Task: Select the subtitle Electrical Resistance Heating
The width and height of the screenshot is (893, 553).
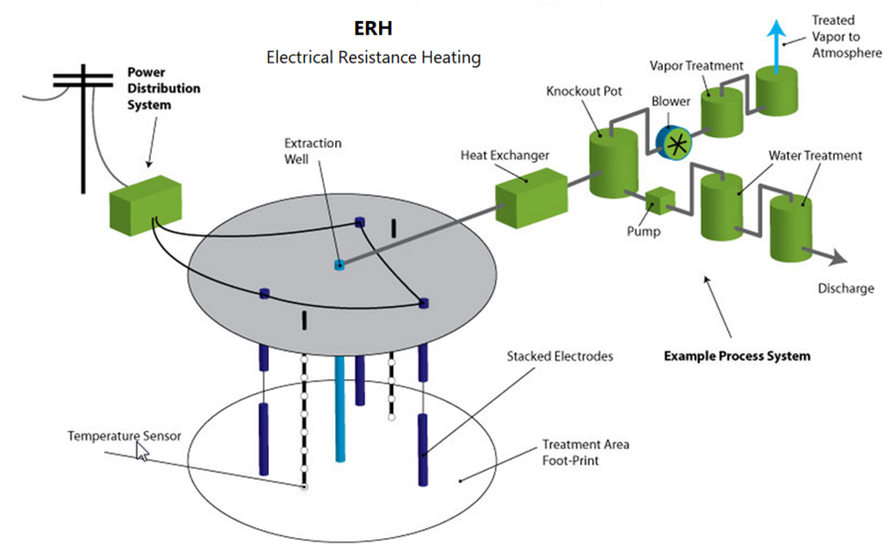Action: [x=373, y=58]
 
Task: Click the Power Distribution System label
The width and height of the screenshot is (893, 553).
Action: [x=164, y=88]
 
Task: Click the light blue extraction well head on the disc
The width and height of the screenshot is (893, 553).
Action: [x=338, y=265]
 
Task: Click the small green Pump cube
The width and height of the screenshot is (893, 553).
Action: [x=658, y=201]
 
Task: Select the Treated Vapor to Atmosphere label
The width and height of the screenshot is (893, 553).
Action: [x=845, y=36]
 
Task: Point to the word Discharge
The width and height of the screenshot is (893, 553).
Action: [x=845, y=289]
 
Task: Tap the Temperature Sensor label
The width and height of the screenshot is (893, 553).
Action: [x=124, y=436]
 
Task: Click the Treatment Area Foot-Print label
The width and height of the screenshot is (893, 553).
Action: [x=585, y=452]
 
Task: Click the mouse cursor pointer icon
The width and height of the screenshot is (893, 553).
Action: [x=142, y=453]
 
